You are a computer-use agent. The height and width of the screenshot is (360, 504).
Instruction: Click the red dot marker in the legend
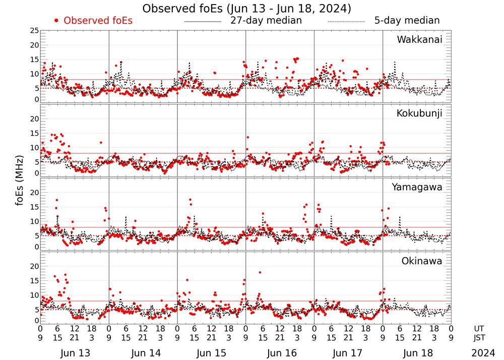(x=57, y=21)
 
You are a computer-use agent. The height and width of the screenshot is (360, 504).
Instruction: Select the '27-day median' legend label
(x=266, y=21)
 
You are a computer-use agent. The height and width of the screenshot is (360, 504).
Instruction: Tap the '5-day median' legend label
(x=407, y=21)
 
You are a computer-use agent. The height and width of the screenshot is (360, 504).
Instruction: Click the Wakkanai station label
(x=419, y=39)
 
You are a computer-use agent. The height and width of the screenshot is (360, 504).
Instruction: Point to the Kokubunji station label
(x=419, y=113)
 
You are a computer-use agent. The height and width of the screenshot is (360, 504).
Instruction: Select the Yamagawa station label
(x=417, y=187)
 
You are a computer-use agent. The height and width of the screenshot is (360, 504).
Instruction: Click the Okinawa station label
(x=422, y=261)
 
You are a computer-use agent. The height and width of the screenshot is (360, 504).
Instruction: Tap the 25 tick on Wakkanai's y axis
(x=34, y=31)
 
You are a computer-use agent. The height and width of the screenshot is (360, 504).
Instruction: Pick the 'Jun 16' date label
(x=281, y=353)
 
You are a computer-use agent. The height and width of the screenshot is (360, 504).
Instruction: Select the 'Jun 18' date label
(x=417, y=353)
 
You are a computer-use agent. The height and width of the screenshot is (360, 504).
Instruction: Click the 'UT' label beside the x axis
(x=479, y=328)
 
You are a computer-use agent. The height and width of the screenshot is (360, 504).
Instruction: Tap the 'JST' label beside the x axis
(x=479, y=338)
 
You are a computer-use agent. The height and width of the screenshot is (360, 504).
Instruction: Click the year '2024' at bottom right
(x=483, y=353)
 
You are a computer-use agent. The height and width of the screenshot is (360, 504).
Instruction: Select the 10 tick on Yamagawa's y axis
(x=34, y=221)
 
